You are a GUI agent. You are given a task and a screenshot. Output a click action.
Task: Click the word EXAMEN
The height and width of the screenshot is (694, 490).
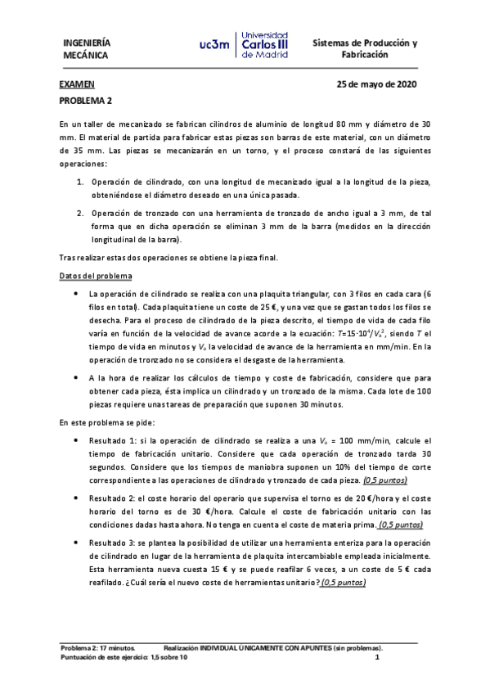click(x=77, y=84)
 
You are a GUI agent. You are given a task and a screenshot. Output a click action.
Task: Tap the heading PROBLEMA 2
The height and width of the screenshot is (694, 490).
click(x=86, y=100)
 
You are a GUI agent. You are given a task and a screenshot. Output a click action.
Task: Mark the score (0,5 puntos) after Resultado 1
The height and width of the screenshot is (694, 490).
click(x=385, y=480)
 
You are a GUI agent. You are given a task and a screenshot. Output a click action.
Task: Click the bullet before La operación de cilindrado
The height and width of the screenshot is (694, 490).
click(x=76, y=293)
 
